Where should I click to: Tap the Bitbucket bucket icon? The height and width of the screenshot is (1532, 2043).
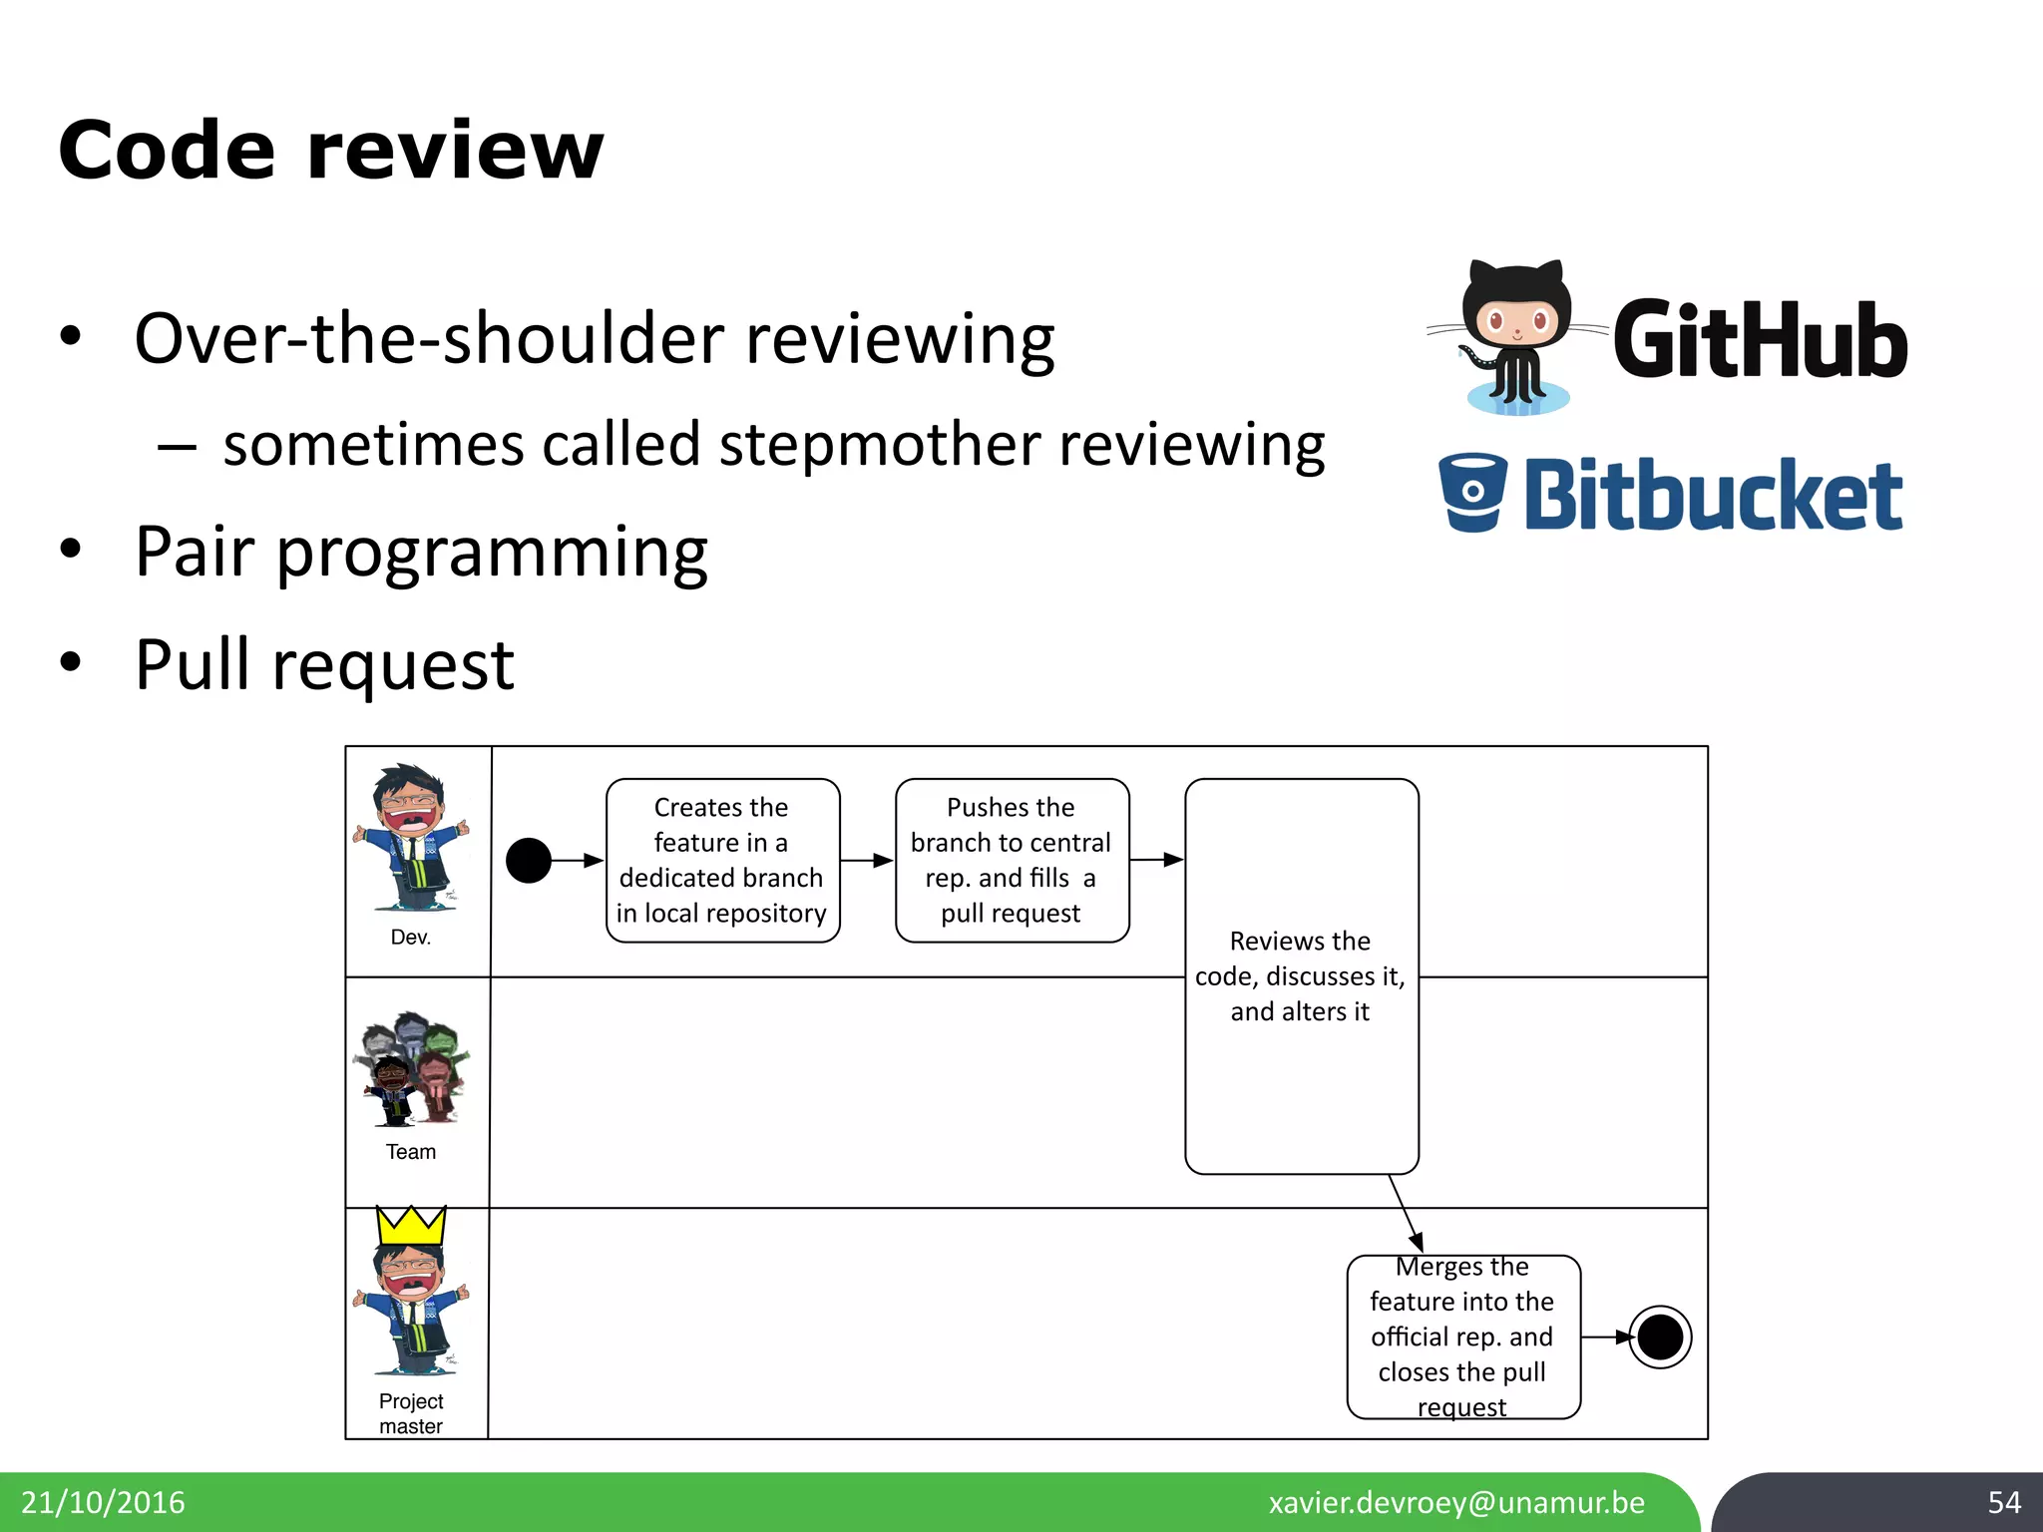[1472, 493]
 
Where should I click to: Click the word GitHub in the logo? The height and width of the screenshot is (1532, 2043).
[1760, 340]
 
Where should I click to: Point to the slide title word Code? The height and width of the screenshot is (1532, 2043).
[166, 151]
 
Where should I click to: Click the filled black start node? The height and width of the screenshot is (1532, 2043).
[529, 860]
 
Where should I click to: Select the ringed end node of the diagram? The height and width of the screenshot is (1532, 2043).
[1660, 1338]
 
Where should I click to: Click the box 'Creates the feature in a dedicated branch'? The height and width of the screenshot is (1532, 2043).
[722, 860]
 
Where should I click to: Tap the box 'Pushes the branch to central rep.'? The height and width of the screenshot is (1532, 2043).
[1012, 860]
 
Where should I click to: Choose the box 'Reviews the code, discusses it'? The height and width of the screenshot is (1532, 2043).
[1301, 975]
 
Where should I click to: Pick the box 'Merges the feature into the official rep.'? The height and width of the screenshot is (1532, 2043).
[1462, 1337]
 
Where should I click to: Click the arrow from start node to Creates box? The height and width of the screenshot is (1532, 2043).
[577, 860]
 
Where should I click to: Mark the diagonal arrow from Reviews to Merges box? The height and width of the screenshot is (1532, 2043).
[1406, 1213]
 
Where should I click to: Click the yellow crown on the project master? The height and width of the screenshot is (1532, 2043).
[411, 1225]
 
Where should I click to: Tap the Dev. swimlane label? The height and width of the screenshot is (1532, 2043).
[411, 938]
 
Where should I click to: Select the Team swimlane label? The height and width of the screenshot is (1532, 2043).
[411, 1152]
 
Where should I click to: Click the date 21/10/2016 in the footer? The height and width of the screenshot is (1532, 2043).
[104, 1502]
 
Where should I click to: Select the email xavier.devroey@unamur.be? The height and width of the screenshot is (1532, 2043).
[1456, 1502]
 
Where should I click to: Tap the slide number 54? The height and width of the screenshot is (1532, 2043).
[2003, 1502]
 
